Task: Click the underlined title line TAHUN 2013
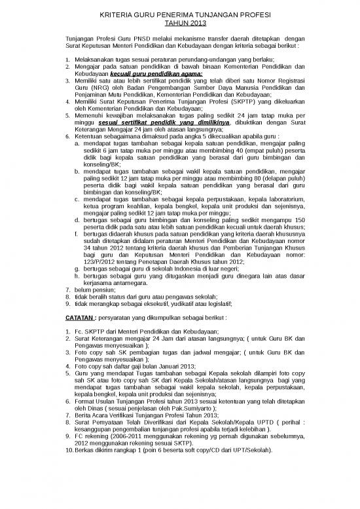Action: point(180,23)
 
